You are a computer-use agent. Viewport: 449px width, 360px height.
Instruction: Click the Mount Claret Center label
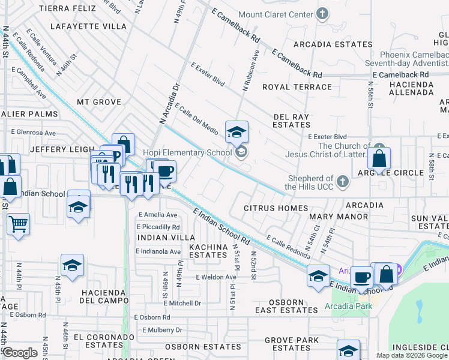tap(276, 14)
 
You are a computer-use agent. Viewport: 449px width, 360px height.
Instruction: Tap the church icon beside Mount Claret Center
tap(322, 14)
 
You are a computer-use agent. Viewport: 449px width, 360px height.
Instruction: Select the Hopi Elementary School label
tap(187, 152)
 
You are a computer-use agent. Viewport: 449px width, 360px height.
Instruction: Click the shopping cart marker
tap(18, 224)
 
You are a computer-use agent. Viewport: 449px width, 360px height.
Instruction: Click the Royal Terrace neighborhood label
tap(297, 87)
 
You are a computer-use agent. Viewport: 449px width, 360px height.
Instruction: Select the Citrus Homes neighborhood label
tap(276, 208)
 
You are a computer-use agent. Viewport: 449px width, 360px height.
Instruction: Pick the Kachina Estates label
tap(208, 251)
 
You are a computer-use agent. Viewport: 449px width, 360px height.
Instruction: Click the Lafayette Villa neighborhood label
tap(89, 26)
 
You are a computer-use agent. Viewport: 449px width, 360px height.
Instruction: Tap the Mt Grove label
tap(98, 102)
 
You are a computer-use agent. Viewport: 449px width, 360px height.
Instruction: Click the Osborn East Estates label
tap(286, 306)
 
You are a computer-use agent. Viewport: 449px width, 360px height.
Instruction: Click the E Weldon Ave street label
tap(216, 277)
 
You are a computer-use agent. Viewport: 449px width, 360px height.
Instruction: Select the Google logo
tap(20, 353)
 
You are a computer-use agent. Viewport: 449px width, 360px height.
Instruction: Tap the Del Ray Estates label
tap(292, 121)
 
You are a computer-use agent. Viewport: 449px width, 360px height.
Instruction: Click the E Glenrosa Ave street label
tap(33, 133)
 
